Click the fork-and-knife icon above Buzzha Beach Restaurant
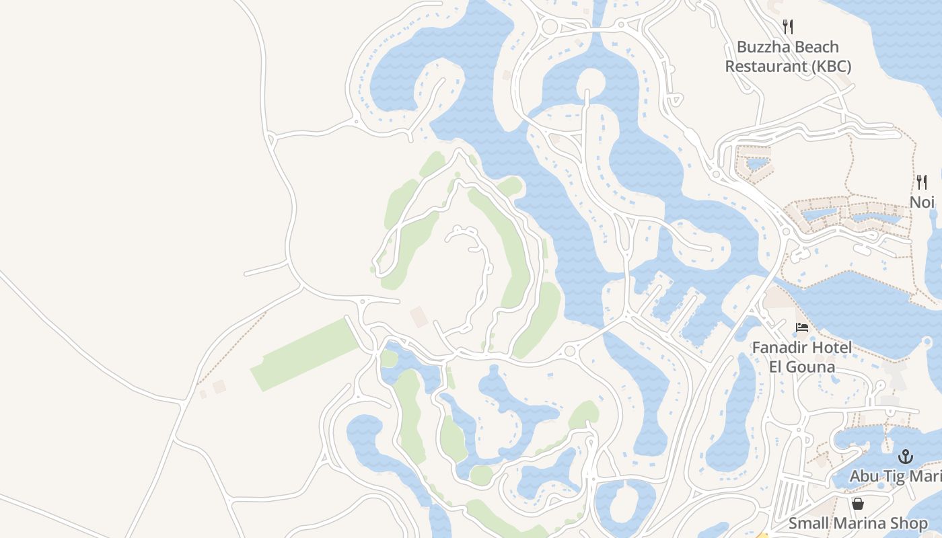[788, 27]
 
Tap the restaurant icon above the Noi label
[922, 182]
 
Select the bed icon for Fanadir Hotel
[802, 328]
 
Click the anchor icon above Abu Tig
[906, 457]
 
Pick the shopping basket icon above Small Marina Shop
[858, 504]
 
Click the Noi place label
[922, 202]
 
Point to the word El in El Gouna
[776, 367]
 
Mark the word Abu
[864, 476]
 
